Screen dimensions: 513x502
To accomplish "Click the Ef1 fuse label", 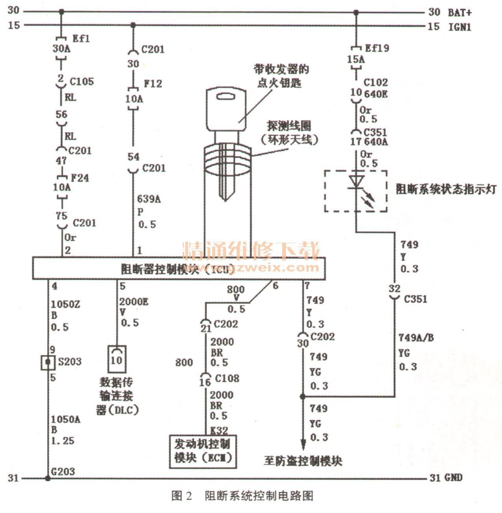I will pos(81,39).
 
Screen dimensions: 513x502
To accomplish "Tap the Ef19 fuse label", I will pos(377,48).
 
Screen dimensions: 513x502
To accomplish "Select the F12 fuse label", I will pos(153,83).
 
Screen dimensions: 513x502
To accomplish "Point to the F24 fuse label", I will pos(80,178).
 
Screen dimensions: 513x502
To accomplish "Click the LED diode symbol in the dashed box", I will pos(356,181).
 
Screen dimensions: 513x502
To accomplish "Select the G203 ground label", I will pos(63,471).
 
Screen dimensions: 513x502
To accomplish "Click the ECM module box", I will pos(202,451).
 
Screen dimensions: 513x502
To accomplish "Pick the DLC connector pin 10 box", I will pos(117,359).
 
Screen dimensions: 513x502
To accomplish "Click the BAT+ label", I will pos(459,13).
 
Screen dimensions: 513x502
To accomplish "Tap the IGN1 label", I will pos(459,27).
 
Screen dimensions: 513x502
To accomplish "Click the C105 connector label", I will pos(82,81).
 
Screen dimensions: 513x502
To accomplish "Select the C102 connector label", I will pos(375,83).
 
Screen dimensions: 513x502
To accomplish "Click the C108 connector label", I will pos(227,378).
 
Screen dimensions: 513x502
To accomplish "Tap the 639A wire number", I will pos(149,199).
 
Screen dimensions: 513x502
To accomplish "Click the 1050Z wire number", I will pos(65,304).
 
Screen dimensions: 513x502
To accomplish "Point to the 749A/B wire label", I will pos(416,338).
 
